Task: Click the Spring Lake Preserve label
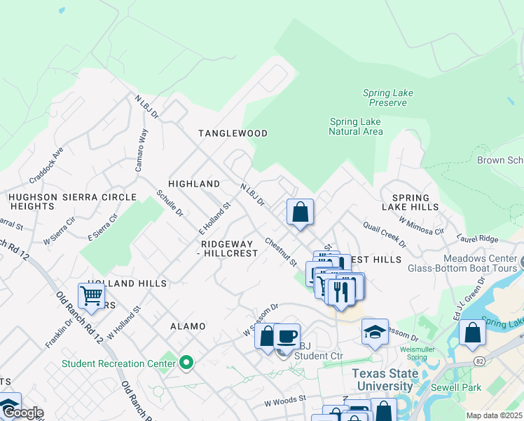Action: (x=385, y=98)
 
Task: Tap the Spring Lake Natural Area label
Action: (x=356, y=126)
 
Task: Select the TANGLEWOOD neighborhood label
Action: (x=233, y=133)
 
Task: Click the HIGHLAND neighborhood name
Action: (x=194, y=184)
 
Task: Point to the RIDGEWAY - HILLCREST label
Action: (x=229, y=248)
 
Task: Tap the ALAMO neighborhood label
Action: (x=188, y=326)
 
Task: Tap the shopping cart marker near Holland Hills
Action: (x=92, y=297)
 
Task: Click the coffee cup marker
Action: (x=287, y=337)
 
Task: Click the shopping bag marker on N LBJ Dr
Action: (x=300, y=212)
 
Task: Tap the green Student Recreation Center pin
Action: (x=186, y=363)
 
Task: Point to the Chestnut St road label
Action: (x=281, y=251)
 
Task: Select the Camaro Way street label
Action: (x=144, y=145)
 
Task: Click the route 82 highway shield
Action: (x=478, y=360)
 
